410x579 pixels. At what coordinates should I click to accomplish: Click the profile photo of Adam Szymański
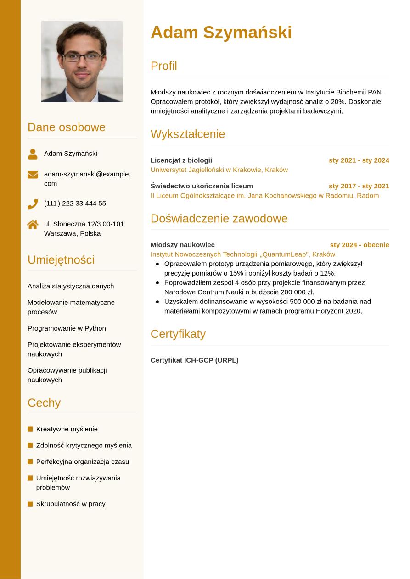82,61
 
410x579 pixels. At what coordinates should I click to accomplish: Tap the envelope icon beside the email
33,175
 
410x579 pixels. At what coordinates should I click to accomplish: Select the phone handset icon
33,204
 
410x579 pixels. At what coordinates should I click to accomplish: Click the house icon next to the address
33,224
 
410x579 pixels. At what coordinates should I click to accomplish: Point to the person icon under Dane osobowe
33,154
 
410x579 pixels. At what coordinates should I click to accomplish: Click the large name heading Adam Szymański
221,32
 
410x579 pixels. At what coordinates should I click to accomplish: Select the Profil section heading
163,66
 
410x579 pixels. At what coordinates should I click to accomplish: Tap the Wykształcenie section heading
187,134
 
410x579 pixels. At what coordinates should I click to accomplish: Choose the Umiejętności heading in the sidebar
61,259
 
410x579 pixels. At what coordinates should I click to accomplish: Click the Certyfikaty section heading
178,334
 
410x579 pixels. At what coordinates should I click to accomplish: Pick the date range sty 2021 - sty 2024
359,160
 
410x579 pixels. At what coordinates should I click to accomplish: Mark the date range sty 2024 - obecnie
359,244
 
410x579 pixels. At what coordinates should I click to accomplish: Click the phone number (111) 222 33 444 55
75,203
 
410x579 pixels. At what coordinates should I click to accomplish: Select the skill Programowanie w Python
67,328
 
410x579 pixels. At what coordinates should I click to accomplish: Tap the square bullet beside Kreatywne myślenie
30,429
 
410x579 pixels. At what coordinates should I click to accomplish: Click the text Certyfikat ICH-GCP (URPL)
194,360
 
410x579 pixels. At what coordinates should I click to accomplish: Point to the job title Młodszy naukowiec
182,244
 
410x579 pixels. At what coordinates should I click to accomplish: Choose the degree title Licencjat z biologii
181,160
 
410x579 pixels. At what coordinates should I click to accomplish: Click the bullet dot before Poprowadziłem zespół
157,283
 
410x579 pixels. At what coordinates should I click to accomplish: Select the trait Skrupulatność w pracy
71,503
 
